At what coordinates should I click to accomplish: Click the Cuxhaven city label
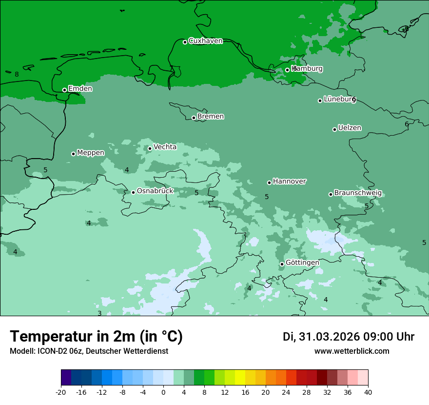pyautogui.click(x=205, y=41)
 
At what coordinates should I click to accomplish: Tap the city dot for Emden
pyautogui.click(x=64, y=90)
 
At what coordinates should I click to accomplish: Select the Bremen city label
pyautogui.click(x=211, y=117)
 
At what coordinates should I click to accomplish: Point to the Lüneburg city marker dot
pyautogui.click(x=320, y=101)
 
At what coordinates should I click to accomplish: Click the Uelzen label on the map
pyautogui.click(x=350, y=128)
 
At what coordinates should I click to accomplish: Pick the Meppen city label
pyautogui.click(x=91, y=153)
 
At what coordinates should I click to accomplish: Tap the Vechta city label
pyautogui.click(x=165, y=147)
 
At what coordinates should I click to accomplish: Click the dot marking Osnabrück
pyautogui.click(x=133, y=192)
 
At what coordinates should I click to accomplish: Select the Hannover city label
pyautogui.click(x=289, y=182)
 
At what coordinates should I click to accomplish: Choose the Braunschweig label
pyautogui.click(x=358, y=193)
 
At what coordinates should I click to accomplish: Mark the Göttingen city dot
pyautogui.click(x=282, y=264)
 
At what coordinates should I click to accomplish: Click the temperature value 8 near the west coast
pyautogui.click(x=17, y=75)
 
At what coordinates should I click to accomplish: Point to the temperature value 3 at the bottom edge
pyautogui.click(x=99, y=313)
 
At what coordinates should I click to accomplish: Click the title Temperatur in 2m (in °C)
pyautogui.click(x=96, y=336)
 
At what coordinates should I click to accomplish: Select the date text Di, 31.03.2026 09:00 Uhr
pyautogui.click(x=349, y=337)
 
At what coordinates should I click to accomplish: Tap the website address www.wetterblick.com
pyautogui.click(x=351, y=351)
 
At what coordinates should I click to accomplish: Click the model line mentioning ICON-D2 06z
pyautogui.click(x=89, y=351)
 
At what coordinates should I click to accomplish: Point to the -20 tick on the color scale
pyautogui.click(x=61, y=392)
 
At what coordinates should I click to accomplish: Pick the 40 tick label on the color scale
pyautogui.click(x=368, y=392)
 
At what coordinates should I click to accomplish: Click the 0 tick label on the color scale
pyautogui.click(x=163, y=392)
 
